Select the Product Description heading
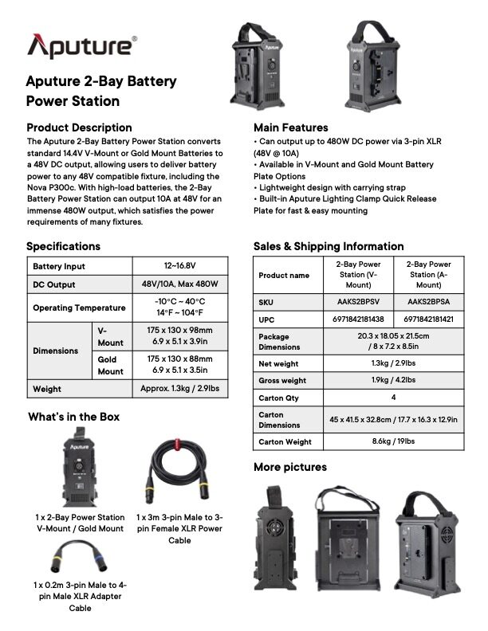tap(79, 127)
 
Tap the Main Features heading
tap(290, 127)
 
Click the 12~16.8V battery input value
tap(179, 266)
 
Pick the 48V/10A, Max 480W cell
tap(179, 284)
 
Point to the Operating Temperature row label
tap(79, 308)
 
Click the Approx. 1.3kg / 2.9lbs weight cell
tap(179, 389)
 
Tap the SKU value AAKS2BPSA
tap(428, 303)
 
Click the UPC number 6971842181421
tap(428, 319)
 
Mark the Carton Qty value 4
tap(393, 397)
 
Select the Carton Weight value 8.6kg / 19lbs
tap(393, 441)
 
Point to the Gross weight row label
tap(282, 381)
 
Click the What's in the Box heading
tap(74, 417)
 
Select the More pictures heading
tap(289, 467)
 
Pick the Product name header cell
tap(284, 275)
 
